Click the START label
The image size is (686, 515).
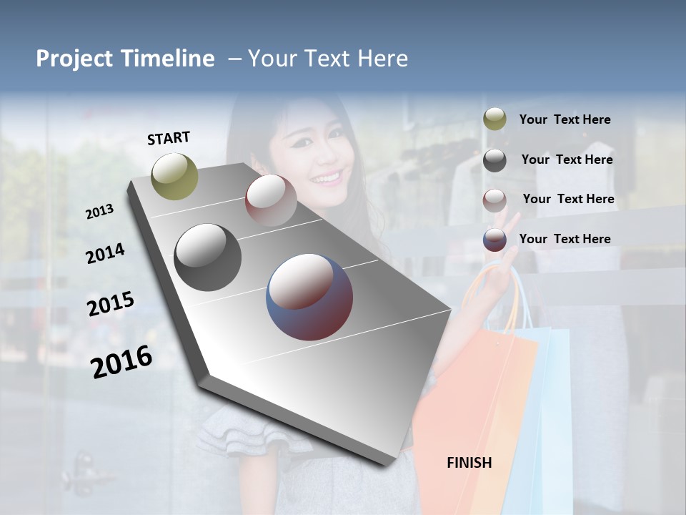[x=169, y=138]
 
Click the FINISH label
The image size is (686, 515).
[x=469, y=463]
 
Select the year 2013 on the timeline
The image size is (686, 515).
[x=99, y=211]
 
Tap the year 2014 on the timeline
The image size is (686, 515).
[x=105, y=253]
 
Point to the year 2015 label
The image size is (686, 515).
[x=110, y=304]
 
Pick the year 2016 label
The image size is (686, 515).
[x=121, y=361]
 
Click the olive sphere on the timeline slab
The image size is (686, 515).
[x=175, y=176]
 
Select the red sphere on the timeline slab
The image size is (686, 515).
[x=271, y=200]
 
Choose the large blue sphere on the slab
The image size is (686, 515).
[x=309, y=296]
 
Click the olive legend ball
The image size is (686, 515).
[x=494, y=119]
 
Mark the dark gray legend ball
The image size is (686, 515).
[x=494, y=160]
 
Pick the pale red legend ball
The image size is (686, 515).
[x=494, y=200]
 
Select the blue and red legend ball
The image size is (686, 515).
[x=494, y=240]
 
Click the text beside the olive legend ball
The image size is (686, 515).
[x=565, y=120]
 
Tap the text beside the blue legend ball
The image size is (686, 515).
[x=565, y=239]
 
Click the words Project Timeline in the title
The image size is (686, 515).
[x=125, y=59]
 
